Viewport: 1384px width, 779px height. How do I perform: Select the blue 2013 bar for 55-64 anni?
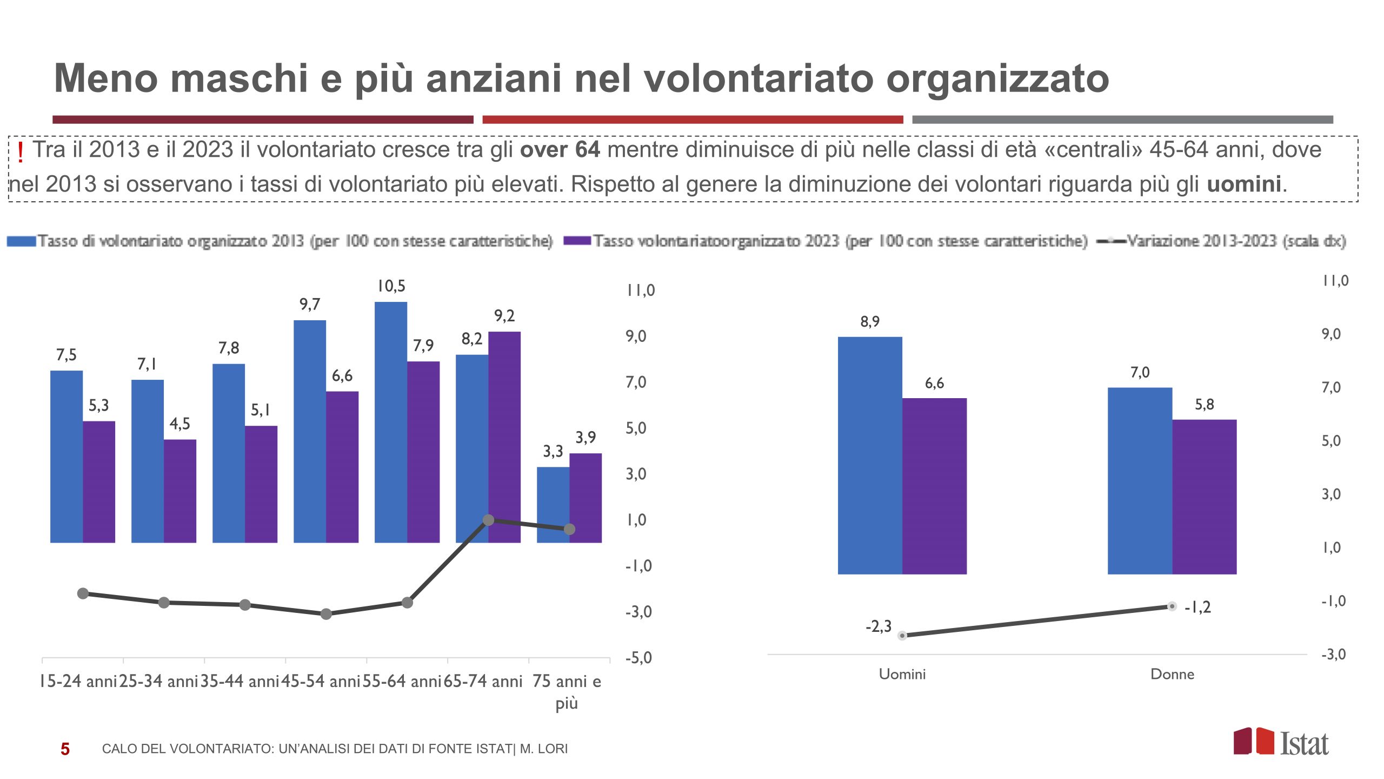point(390,422)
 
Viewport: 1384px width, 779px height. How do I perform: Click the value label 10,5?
point(391,286)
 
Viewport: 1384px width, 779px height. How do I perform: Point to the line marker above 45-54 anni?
point(326,614)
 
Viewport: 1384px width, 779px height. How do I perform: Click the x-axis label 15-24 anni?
point(78,681)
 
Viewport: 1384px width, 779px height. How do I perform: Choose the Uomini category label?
point(902,674)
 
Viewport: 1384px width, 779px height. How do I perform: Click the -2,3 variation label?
point(878,626)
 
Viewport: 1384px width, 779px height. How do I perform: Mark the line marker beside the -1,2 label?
point(1172,606)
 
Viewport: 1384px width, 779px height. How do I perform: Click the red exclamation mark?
point(21,153)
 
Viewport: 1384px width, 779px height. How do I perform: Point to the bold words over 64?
point(560,150)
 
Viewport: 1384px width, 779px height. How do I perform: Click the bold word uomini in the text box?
point(1243,184)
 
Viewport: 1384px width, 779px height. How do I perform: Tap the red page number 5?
point(65,749)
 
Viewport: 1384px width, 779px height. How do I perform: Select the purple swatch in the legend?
point(577,240)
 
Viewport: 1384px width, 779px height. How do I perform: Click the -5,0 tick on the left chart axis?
point(638,658)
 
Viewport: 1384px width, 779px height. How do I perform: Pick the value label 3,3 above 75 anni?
point(553,451)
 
